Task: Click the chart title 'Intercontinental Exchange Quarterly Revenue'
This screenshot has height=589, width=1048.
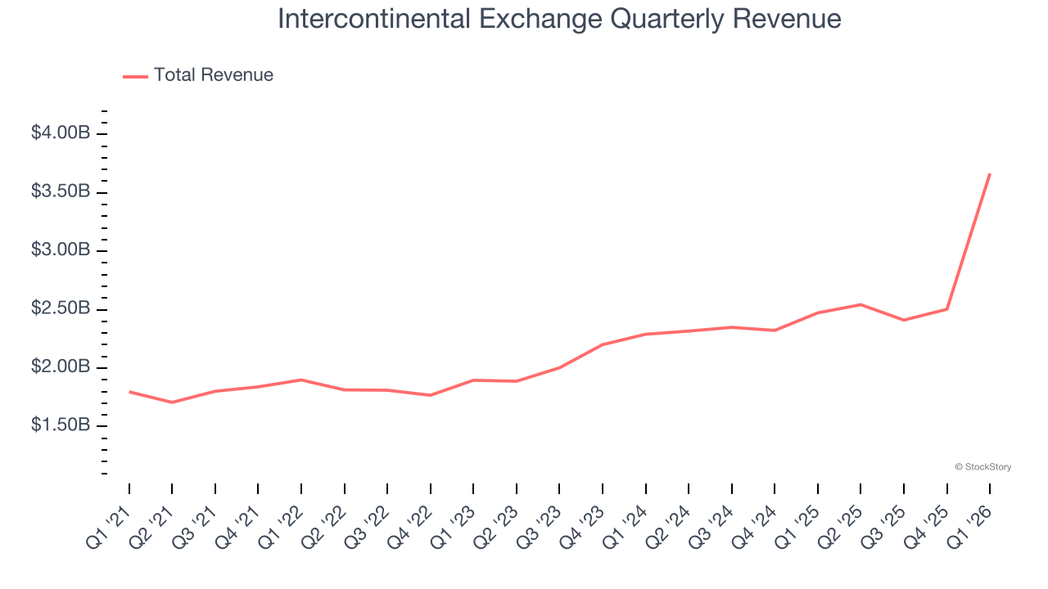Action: (x=559, y=19)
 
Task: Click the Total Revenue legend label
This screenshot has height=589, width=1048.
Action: (x=213, y=75)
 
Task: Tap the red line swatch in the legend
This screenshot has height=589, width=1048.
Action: (x=135, y=76)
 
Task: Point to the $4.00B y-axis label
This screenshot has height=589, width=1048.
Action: (x=60, y=133)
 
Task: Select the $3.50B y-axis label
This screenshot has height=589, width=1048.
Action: (x=60, y=191)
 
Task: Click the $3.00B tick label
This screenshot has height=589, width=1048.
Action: (x=60, y=250)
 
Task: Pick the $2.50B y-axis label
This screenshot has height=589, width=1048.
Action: (x=60, y=309)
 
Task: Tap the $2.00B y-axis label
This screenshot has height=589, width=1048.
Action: (x=60, y=367)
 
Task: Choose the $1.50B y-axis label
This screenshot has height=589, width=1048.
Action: (x=60, y=425)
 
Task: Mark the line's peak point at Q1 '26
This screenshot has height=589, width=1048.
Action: (x=990, y=173)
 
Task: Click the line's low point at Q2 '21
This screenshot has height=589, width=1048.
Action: (x=172, y=402)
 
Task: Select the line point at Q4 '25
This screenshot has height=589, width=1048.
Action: (x=947, y=309)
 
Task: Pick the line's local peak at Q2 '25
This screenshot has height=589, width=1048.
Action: (x=861, y=304)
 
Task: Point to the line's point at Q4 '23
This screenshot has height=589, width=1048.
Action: (x=603, y=344)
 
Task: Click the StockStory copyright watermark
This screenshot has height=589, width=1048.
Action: (x=982, y=467)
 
